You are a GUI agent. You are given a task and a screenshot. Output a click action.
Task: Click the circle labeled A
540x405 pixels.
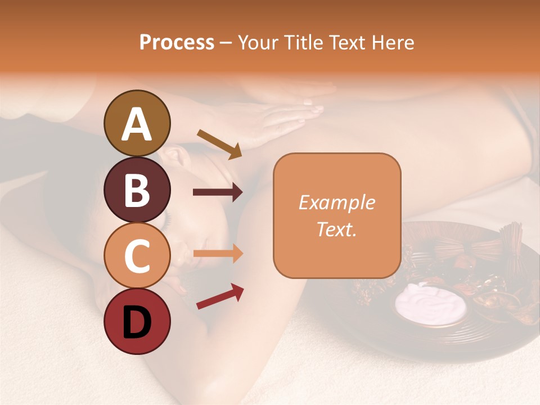pyautogui.click(x=137, y=123)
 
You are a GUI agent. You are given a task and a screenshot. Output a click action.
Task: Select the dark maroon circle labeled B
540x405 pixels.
pyautogui.click(x=137, y=190)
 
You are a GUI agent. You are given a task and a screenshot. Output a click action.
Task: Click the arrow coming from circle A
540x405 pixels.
pyautogui.click(x=219, y=143)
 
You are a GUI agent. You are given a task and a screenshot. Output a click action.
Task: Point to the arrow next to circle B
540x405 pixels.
pyautogui.click(x=218, y=192)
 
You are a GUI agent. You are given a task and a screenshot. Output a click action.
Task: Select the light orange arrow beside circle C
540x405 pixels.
pyautogui.click(x=218, y=253)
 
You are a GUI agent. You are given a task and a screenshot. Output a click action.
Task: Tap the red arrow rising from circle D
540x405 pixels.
pyautogui.click(x=220, y=296)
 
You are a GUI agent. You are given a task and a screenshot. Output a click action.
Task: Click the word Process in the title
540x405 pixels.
pyautogui.click(x=177, y=42)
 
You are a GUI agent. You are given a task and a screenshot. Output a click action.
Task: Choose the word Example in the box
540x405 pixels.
pyautogui.click(x=336, y=202)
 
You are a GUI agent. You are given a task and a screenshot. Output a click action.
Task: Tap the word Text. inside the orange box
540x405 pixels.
pyautogui.click(x=336, y=229)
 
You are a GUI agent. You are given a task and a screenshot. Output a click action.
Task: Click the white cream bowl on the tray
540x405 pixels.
pyautogui.click(x=431, y=304)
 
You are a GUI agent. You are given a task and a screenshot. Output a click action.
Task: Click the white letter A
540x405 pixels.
pyautogui.click(x=137, y=124)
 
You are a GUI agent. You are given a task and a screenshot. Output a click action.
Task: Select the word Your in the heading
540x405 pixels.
pyautogui.click(x=258, y=42)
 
